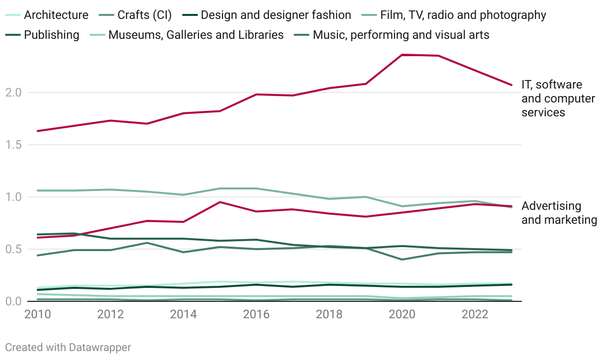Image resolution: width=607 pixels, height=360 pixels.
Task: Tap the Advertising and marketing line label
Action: (x=559, y=213)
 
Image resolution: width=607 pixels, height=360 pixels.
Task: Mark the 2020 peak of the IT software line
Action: (x=402, y=55)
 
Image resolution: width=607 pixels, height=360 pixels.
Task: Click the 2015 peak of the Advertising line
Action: (x=220, y=202)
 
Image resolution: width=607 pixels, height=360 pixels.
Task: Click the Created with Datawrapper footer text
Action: (x=68, y=347)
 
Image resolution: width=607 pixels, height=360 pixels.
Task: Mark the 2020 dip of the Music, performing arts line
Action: (x=402, y=260)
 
